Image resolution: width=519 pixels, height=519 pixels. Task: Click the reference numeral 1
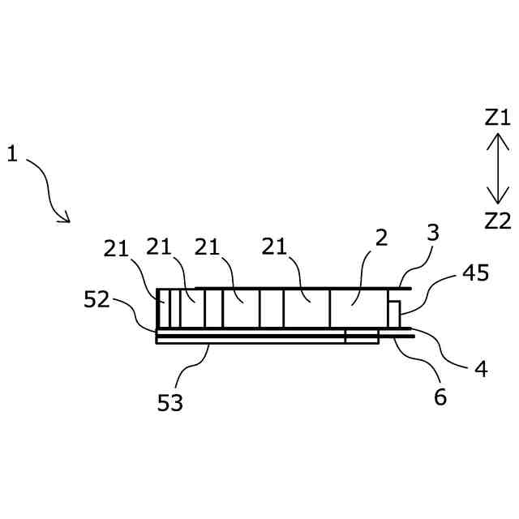click(12, 152)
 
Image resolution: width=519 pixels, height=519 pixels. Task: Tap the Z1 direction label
click(497, 118)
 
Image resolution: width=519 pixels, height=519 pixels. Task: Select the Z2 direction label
click(497, 220)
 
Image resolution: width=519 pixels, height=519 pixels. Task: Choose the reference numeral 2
click(381, 238)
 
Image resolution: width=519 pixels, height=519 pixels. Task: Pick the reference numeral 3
click(433, 233)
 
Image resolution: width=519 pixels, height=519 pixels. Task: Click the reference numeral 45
click(476, 273)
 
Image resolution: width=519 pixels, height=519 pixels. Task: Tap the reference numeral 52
click(97, 299)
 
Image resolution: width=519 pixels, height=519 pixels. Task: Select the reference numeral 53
click(170, 401)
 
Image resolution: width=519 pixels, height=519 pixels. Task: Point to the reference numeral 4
click(481, 369)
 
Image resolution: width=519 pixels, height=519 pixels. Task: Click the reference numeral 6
click(440, 397)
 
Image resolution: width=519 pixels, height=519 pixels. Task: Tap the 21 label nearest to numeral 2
click(275, 247)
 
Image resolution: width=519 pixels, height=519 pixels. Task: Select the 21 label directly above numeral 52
click(116, 249)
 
